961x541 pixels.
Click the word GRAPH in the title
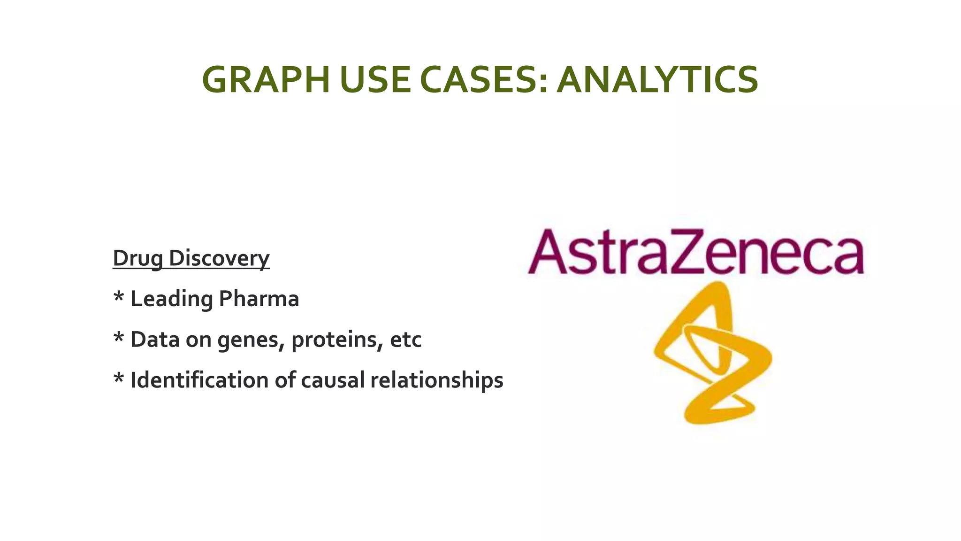pos(266,80)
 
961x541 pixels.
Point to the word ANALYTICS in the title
pos(657,80)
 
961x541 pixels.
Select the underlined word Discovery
pos(219,258)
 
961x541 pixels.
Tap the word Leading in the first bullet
pos(171,299)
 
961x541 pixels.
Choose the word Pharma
pos(259,299)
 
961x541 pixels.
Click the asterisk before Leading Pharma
pos(119,298)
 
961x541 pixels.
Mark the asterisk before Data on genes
pos(119,338)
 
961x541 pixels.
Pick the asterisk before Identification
pos(119,379)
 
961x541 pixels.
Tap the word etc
pos(405,340)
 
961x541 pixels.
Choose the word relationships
pos(436,380)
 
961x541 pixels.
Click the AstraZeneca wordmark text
pos(695,252)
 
